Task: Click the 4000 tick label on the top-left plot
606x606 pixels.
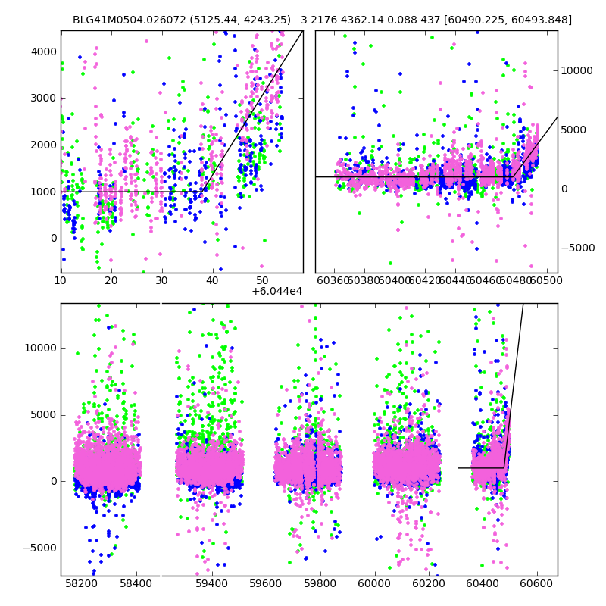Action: [43, 52]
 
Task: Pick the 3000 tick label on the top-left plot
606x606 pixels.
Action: [43, 98]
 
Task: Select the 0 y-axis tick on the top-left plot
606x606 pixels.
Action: [53, 239]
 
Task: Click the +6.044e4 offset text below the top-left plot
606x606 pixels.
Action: [277, 291]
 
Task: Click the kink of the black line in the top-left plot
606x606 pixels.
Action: [205, 192]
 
